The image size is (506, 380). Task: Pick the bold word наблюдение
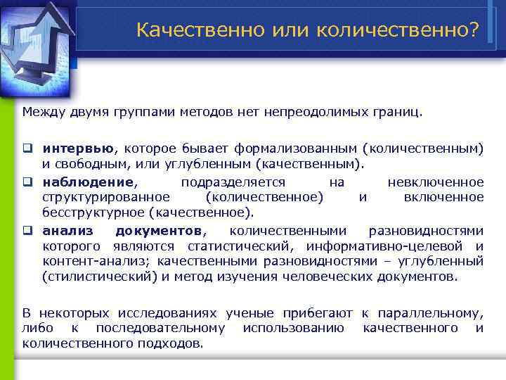(86, 182)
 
